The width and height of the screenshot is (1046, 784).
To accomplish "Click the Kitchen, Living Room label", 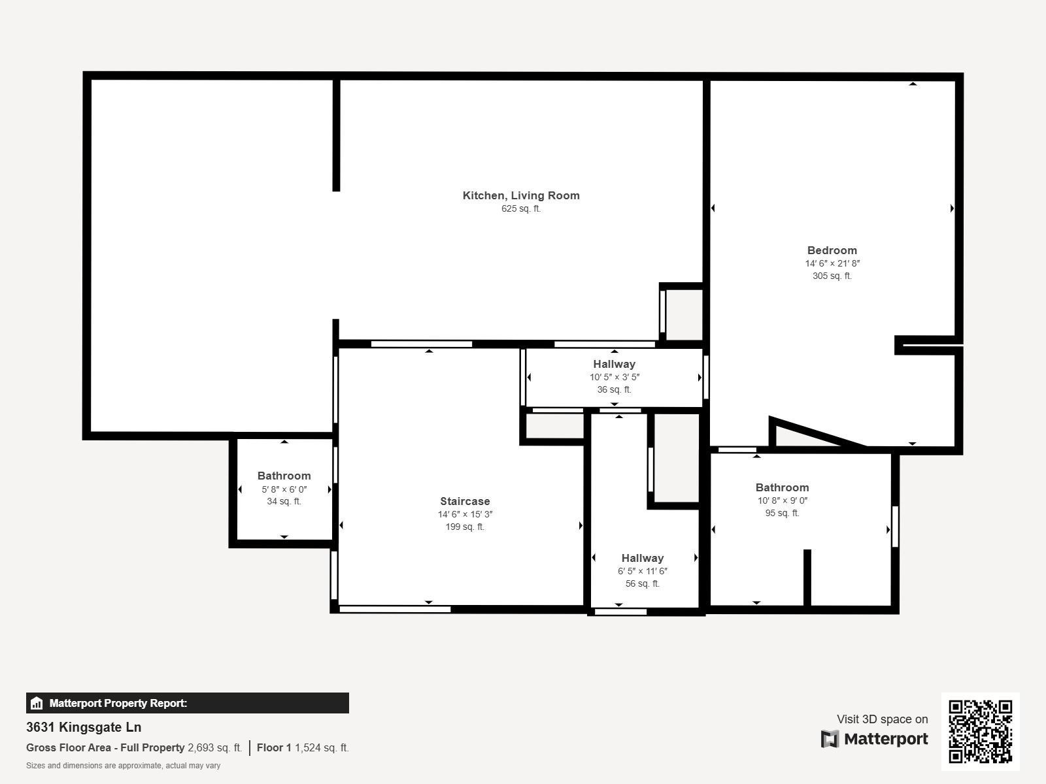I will (521, 195).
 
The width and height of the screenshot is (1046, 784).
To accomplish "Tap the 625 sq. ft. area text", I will (521, 209).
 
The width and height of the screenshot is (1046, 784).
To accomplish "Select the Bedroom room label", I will (832, 250).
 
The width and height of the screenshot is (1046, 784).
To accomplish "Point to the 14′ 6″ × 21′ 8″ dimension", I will (832, 263).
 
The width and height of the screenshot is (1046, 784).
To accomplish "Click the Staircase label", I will (465, 501).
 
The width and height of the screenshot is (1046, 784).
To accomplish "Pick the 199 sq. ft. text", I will (465, 527).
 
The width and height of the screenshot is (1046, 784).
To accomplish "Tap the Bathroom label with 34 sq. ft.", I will (284, 476).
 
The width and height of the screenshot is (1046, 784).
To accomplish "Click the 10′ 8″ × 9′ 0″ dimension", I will (782, 500).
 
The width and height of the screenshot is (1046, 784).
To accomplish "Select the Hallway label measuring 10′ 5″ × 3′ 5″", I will (614, 364).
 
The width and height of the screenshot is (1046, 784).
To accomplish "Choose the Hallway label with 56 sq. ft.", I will (642, 558).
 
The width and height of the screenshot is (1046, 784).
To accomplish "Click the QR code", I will (980, 731).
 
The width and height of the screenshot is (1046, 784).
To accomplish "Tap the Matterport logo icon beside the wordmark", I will (830, 739).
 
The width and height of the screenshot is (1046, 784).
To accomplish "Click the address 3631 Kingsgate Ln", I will (84, 727).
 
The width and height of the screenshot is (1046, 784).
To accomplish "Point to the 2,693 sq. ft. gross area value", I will (214, 747).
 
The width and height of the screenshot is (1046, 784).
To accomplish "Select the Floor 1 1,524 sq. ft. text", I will (303, 747).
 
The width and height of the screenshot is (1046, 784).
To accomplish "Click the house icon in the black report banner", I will (37, 704).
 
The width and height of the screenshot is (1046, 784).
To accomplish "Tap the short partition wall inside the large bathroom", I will (807, 578).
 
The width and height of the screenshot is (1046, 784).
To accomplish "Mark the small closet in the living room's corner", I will (684, 314).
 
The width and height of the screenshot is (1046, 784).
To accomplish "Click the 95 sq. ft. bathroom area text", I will (782, 513).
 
